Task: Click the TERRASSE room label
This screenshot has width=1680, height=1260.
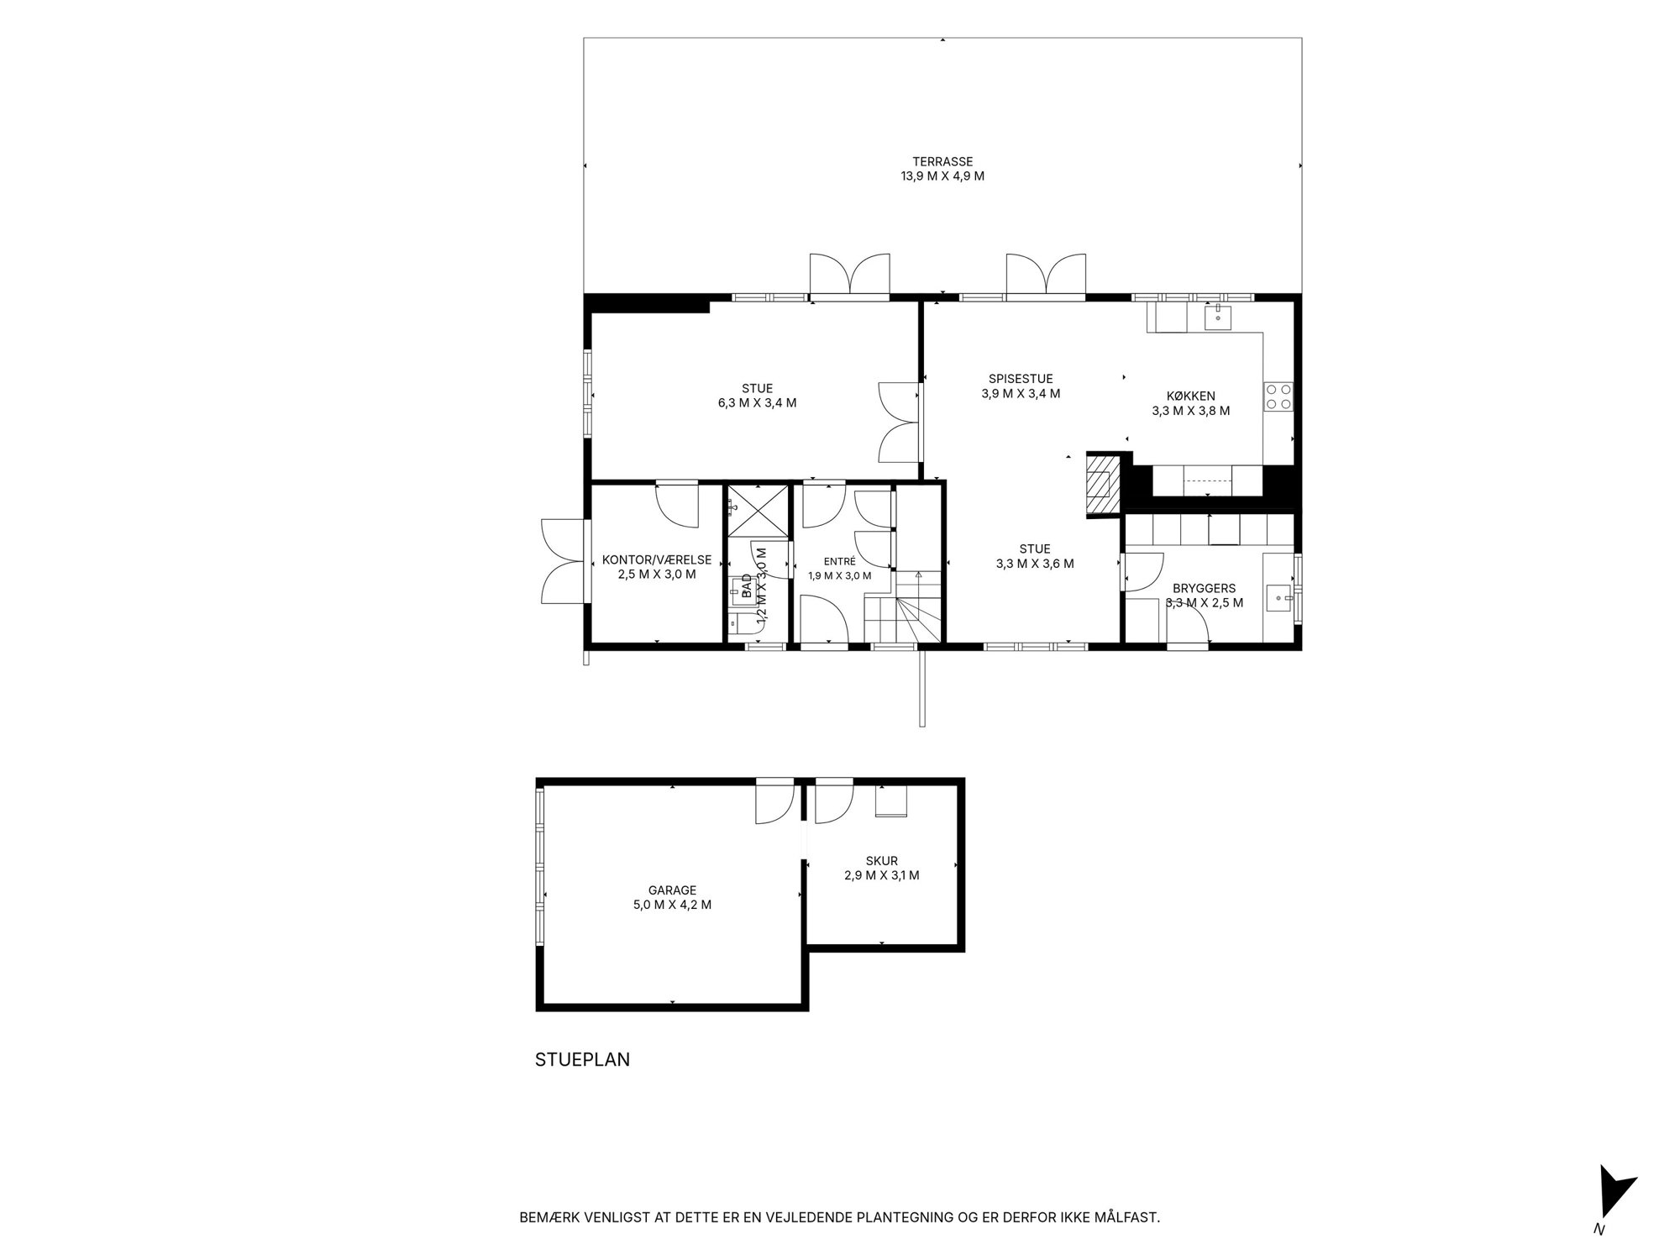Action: [942, 162]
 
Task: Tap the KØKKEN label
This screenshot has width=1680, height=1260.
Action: [1190, 396]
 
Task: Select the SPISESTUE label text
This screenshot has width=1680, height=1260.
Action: [1021, 379]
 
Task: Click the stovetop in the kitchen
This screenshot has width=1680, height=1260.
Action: [1278, 396]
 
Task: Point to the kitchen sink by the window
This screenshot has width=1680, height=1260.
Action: [1218, 318]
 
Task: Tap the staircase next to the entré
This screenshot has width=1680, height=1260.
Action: [906, 606]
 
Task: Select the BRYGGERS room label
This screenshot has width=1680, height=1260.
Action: [1205, 589]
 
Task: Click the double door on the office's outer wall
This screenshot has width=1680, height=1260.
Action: [563, 560]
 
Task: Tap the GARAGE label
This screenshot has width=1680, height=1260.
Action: [672, 890]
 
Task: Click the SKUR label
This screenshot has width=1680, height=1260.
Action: [882, 861]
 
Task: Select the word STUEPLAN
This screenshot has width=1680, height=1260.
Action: [582, 1060]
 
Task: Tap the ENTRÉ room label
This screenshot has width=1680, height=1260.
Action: [839, 562]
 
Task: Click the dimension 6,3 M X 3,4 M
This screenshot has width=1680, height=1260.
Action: [757, 403]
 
